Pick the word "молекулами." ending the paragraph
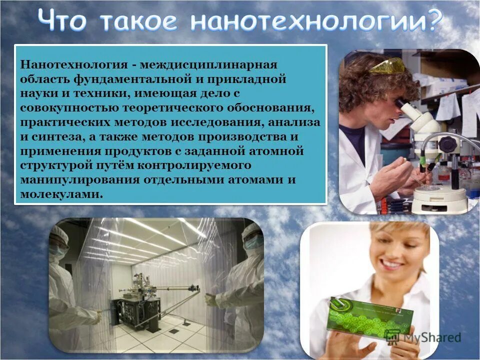(x=62, y=194)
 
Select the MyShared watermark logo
(x=422, y=337)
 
